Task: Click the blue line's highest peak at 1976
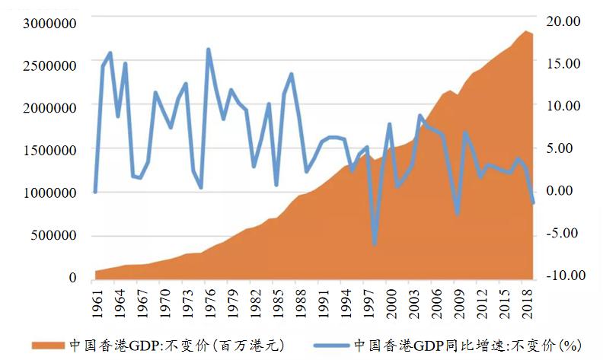209,50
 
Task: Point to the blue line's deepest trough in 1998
375,244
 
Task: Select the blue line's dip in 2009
457,213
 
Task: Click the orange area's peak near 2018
525,31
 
